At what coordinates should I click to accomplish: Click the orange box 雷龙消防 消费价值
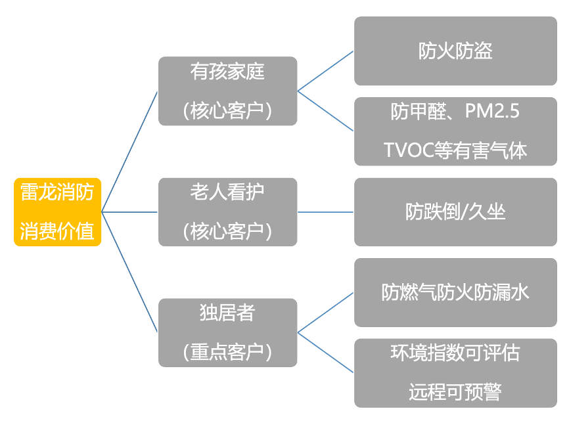pos(57,211)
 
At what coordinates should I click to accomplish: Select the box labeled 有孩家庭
pos(227,91)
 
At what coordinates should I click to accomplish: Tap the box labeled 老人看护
pos(227,211)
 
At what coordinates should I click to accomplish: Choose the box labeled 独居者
pos(227,332)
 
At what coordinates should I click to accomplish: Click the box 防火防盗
pos(455,51)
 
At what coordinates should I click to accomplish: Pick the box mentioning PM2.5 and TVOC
pos(455,131)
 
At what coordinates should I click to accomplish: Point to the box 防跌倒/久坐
pos(455,211)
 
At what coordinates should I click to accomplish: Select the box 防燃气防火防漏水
pos(455,292)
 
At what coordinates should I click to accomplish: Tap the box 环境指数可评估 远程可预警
pos(455,372)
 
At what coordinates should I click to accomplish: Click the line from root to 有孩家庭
pos(129,152)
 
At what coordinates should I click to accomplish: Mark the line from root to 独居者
pos(129,272)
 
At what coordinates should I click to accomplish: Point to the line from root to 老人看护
pos(129,212)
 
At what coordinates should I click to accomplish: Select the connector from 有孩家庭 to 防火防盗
pos(326,71)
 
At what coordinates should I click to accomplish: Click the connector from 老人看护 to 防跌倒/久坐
pos(326,212)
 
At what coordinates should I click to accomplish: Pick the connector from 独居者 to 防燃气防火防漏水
pos(326,313)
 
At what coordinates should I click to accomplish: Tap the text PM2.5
pos(491,112)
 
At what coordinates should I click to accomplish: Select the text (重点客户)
pos(227,353)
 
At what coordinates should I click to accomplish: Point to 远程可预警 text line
pos(455,392)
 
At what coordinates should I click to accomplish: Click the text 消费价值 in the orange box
pos(57,231)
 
